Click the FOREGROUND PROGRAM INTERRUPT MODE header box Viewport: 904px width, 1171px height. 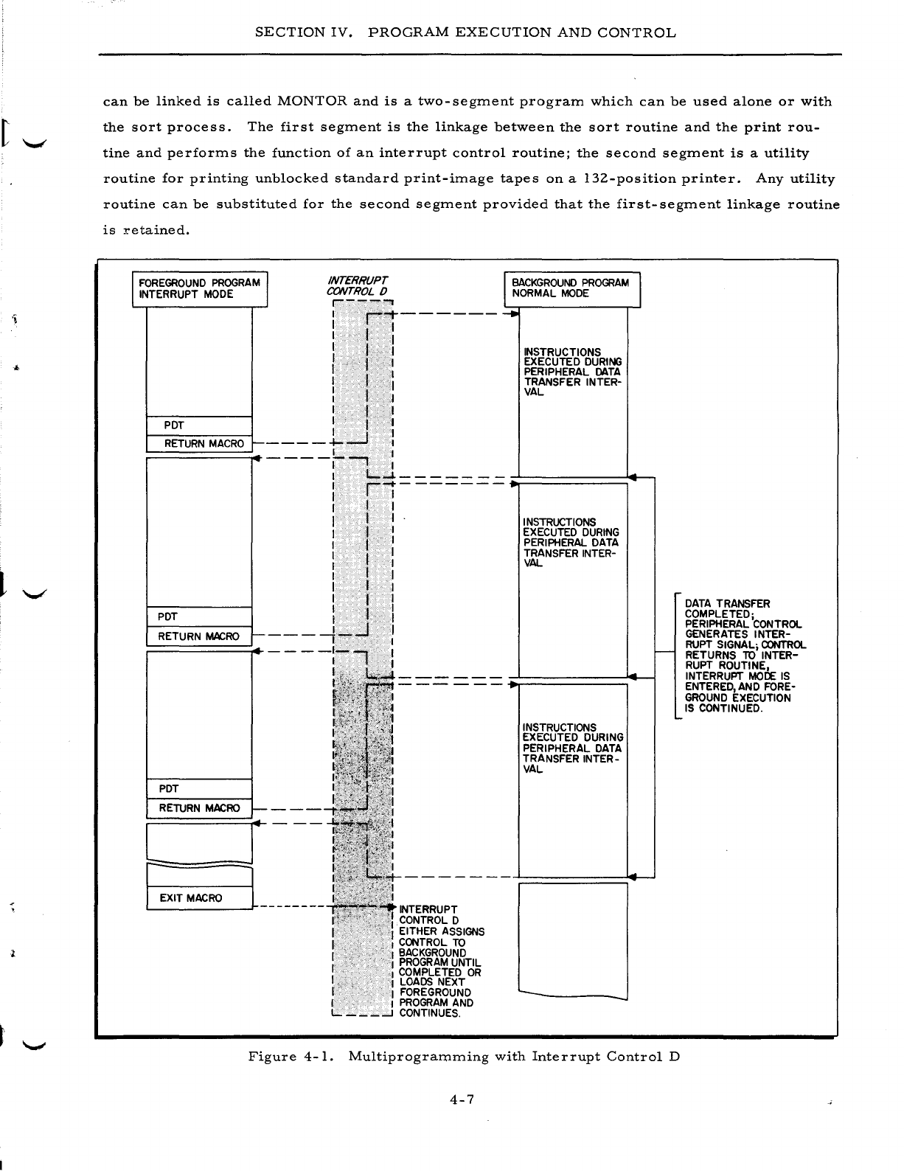[199, 289]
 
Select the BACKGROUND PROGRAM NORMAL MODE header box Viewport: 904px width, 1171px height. [571, 288]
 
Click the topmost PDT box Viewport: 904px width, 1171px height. [199, 425]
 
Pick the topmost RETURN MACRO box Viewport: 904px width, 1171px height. [199, 444]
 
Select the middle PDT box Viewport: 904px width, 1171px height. [199, 616]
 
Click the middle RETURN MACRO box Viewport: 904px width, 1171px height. [199, 636]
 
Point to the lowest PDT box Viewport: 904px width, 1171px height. [199, 789]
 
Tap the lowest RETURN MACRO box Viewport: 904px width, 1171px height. [199, 808]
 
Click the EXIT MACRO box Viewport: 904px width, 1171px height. [199, 898]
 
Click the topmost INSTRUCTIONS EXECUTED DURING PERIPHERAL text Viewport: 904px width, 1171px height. [571, 372]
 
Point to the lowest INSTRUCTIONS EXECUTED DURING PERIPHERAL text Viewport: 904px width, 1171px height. [572, 748]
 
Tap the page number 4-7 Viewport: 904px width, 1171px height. [464, 1100]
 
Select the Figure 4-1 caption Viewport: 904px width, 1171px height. [464, 1057]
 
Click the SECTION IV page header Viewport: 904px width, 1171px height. [465, 33]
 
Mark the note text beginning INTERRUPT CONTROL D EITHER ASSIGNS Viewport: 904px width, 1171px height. [440, 961]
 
